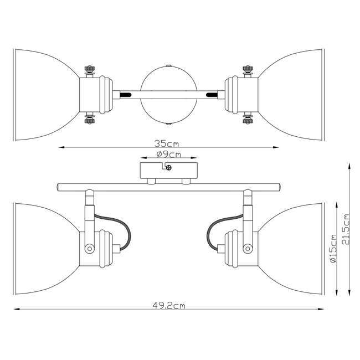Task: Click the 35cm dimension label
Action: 167,144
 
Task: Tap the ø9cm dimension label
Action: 169,155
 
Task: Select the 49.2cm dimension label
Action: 169,306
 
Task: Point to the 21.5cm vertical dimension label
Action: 345,229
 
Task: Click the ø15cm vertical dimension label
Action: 333,249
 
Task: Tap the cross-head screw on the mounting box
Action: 169,168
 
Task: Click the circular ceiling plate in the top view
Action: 169,95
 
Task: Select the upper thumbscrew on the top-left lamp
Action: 90,70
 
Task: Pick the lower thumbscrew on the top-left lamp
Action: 90,119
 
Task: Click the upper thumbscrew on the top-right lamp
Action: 248,70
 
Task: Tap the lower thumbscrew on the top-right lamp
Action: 248,119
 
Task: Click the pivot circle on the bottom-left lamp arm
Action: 90,249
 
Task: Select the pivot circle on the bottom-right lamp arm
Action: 248,249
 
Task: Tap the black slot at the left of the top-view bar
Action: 125,95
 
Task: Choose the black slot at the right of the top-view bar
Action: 212,95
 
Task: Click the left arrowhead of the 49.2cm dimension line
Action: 16,309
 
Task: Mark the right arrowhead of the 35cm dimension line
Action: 276,147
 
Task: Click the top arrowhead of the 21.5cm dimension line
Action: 349,166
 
